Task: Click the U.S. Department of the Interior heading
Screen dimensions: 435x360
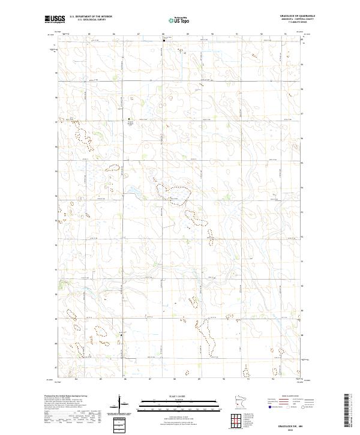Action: pyautogui.click(x=91, y=16)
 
